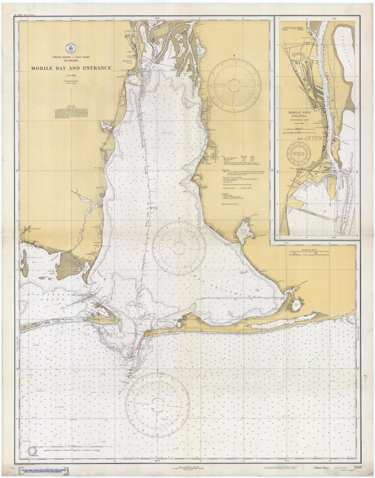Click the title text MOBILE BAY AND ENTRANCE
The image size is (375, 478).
point(71,68)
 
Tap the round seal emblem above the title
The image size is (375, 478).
point(71,48)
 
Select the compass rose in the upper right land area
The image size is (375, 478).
point(234,85)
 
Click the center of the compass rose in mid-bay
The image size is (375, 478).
point(179,248)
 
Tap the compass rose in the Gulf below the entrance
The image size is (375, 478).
point(157,405)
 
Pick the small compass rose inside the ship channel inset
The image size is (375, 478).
point(298,154)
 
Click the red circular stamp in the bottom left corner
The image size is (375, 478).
point(33,452)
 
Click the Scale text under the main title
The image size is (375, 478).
point(71,75)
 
